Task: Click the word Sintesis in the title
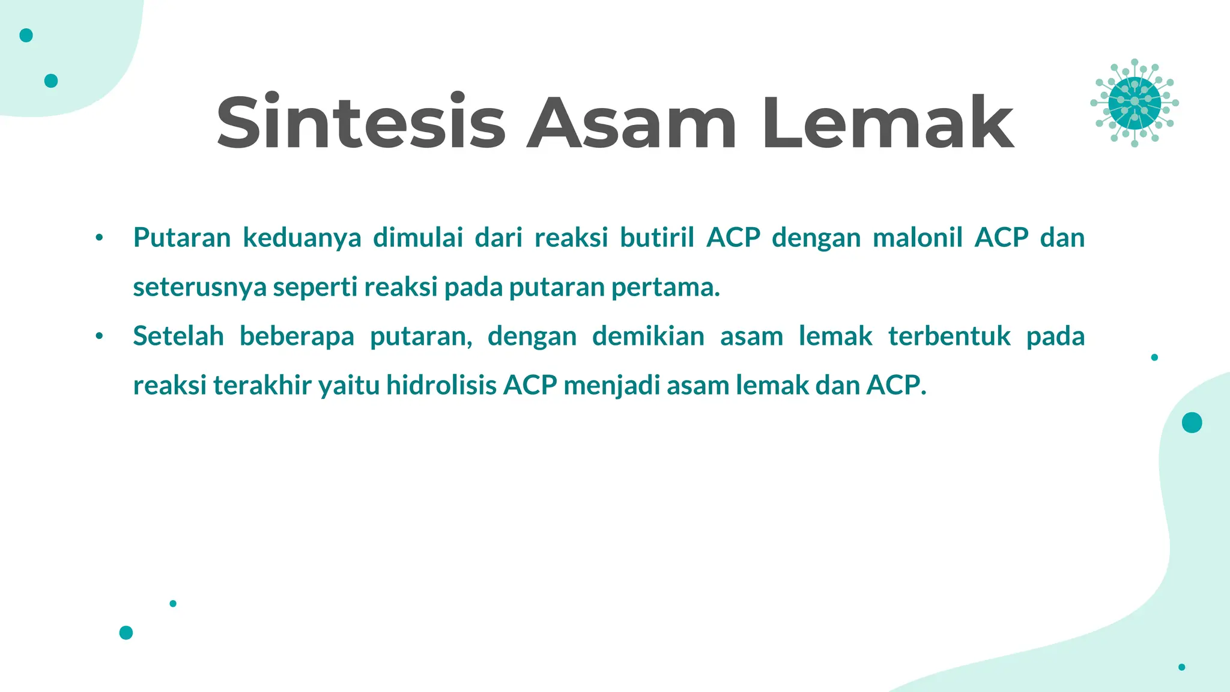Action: (x=361, y=123)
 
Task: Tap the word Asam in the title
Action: (x=631, y=123)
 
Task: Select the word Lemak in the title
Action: (x=888, y=123)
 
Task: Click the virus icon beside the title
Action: (x=1134, y=103)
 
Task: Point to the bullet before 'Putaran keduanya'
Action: (x=99, y=238)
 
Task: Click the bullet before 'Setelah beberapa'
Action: (x=99, y=336)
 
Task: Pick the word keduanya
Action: (x=301, y=238)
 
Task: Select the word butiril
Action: (x=657, y=238)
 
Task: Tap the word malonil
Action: (x=917, y=238)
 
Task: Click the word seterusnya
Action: (x=199, y=288)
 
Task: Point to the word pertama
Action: (x=665, y=288)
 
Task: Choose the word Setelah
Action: (x=178, y=336)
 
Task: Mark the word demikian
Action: (x=648, y=336)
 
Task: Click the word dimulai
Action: (x=418, y=238)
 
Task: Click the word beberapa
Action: (x=297, y=336)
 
